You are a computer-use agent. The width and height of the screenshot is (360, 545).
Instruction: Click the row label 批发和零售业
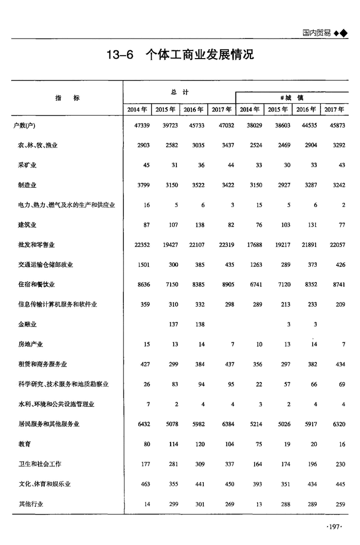[36, 245]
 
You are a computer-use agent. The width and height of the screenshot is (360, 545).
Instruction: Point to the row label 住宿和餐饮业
[36, 284]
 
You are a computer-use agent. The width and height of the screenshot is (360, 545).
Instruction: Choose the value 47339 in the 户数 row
[140, 125]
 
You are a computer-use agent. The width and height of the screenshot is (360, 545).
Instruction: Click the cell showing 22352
[140, 245]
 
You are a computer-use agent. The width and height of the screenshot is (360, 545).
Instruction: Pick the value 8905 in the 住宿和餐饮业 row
[226, 284]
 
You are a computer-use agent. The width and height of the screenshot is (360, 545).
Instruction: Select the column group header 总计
[179, 92]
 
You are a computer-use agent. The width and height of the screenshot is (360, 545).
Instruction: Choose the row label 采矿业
[27, 165]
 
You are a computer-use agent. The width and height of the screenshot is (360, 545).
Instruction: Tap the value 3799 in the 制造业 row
[141, 185]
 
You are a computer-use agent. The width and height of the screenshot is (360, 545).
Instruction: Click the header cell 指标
[67, 98]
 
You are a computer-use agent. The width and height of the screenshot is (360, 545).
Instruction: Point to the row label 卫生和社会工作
[40, 464]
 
